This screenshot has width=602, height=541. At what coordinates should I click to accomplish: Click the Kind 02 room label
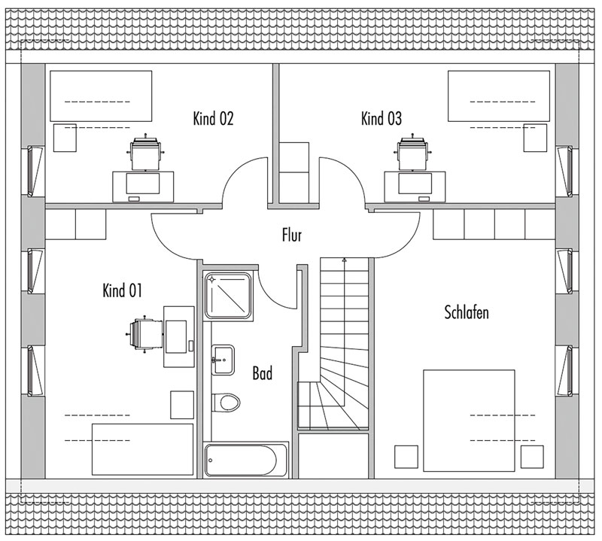point(213,118)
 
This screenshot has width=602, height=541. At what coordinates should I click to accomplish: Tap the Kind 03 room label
point(382,118)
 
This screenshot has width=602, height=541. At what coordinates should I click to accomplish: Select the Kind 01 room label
point(122,290)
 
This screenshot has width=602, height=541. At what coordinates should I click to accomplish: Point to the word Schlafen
point(467,312)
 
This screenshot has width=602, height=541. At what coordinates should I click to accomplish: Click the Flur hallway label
point(292,235)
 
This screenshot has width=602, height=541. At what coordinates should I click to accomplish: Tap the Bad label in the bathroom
point(263,372)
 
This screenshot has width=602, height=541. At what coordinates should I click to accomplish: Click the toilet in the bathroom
point(227,403)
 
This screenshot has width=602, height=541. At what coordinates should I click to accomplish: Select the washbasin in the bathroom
point(223,360)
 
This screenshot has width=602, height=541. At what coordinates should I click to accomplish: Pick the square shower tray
point(228,295)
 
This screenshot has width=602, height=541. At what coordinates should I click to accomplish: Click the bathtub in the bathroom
point(246,460)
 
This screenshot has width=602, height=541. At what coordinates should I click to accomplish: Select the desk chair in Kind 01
point(144,333)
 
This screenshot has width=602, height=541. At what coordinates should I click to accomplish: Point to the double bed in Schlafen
point(469,421)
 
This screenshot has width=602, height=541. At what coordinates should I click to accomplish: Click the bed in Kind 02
point(101,96)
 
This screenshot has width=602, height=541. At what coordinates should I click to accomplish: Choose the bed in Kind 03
point(499,96)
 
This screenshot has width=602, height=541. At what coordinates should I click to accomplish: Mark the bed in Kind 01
point(142,449)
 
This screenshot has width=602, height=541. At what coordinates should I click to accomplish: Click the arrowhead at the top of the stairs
point(345,260)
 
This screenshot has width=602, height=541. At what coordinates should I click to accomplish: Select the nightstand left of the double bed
point(406,457)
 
